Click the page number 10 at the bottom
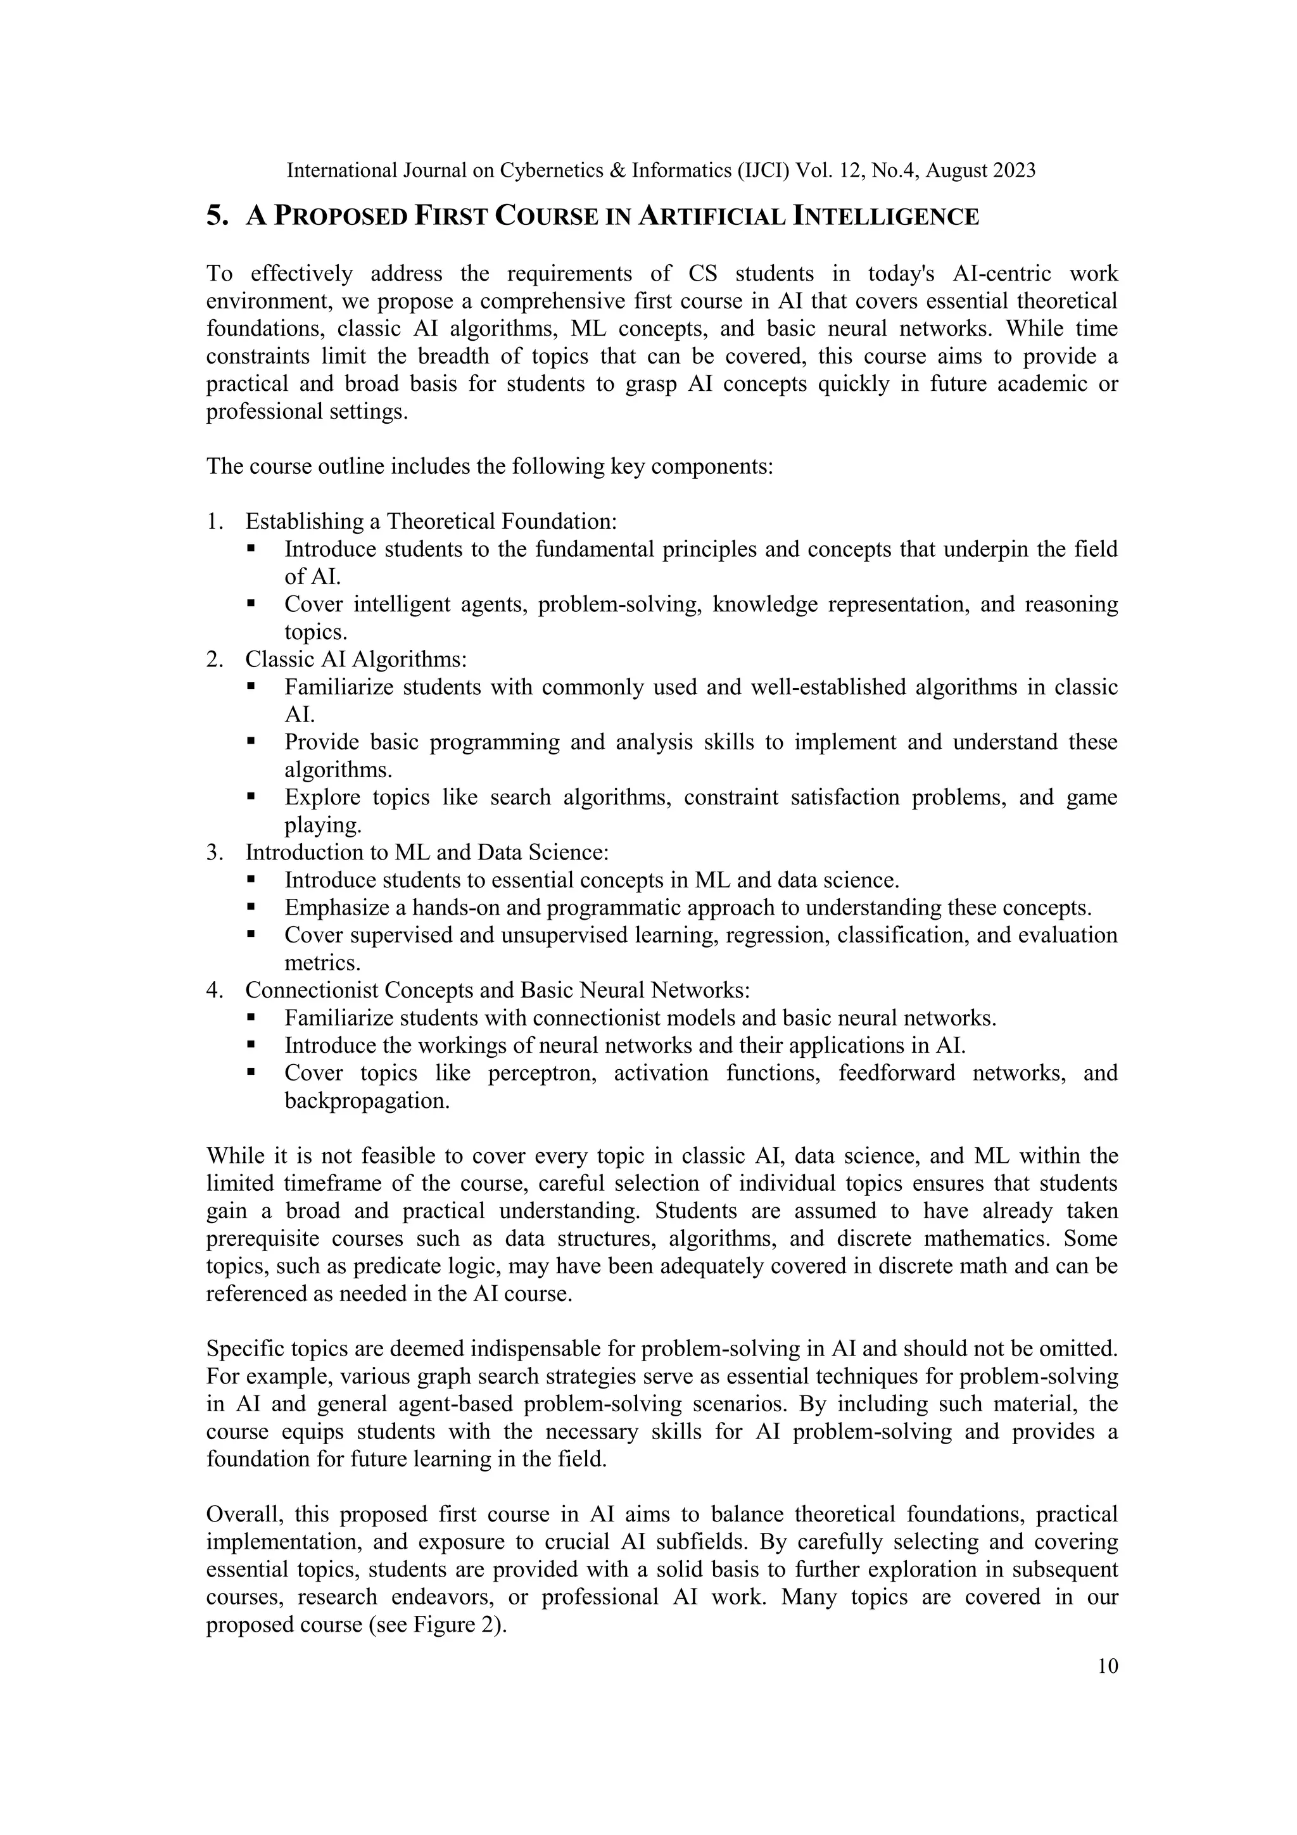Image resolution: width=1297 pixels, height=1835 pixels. point(1108,1667)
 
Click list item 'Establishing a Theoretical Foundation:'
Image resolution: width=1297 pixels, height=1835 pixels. point(431,521)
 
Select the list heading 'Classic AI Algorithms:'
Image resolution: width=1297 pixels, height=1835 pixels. point(356,659)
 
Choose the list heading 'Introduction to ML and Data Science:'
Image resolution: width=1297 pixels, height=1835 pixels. point(427,852)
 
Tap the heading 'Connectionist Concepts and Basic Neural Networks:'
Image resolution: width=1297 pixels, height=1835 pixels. point(497,990)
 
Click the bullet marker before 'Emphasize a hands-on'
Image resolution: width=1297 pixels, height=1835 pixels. point(251,907)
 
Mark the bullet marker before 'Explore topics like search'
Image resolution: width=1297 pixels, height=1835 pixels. point(251,797)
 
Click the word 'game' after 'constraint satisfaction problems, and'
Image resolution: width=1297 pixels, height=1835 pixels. point(1092,797)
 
